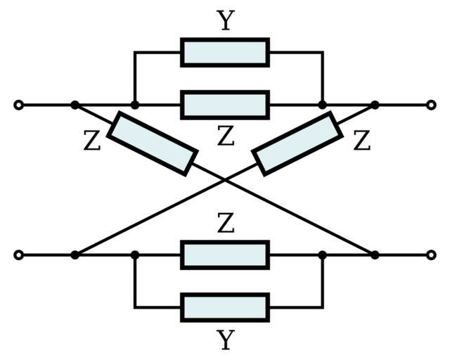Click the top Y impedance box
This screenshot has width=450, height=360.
click(x=225, y=52)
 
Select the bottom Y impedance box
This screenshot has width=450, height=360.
click(x=225, y=307)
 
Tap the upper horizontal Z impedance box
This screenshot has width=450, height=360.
click(x=225, y=105)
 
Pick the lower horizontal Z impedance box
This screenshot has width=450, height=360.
click(x=225, y=255)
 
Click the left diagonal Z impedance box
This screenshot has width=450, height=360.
click(x=153, y=143)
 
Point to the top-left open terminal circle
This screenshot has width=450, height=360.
click(x=19, y=105)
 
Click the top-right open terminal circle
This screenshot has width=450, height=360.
click(x=431, y=105)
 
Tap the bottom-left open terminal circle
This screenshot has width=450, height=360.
click(x=19, y=255)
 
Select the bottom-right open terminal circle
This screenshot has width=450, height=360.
click(x=431, y=255)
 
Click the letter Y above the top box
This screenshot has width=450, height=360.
click(x=225, y=20)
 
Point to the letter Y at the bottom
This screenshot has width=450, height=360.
click(x=225, y=340)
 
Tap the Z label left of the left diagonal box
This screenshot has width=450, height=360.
click(x=92, y=141)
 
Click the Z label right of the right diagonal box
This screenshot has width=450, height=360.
click(x=361, y=141)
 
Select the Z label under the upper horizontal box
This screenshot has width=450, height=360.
click(x=225, y=136)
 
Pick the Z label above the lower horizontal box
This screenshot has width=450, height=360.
click(x=225, y=224)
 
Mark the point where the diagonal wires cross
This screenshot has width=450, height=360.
click(x=225, y=180)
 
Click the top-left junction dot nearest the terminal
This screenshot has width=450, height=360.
click(x=75, y=105)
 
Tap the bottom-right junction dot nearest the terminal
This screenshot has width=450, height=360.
click(x=375, y=255)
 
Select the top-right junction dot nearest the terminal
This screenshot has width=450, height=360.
click(x=375, y=105)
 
